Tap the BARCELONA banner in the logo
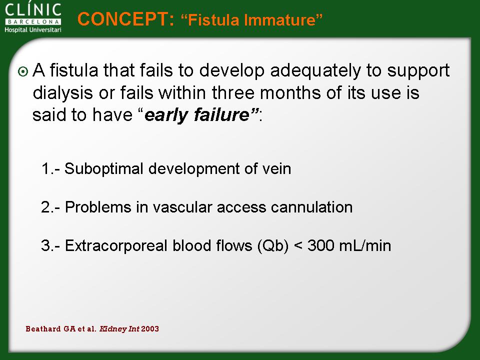click(x=33, y=21)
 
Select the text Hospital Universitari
click(x=33, y=29)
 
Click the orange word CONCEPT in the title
click(x=125, y=19)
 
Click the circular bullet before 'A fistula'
click(x=23, y=71)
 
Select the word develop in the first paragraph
click(x=231, y=70)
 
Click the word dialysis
click(x=62, y=93)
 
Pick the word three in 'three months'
click(x=233, y=93)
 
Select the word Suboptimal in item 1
click(x=104, y=169)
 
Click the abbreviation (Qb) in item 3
click(x=273, y=246)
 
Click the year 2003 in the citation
click(x=150, y=329)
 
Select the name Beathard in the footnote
click(x=43, y=329)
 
